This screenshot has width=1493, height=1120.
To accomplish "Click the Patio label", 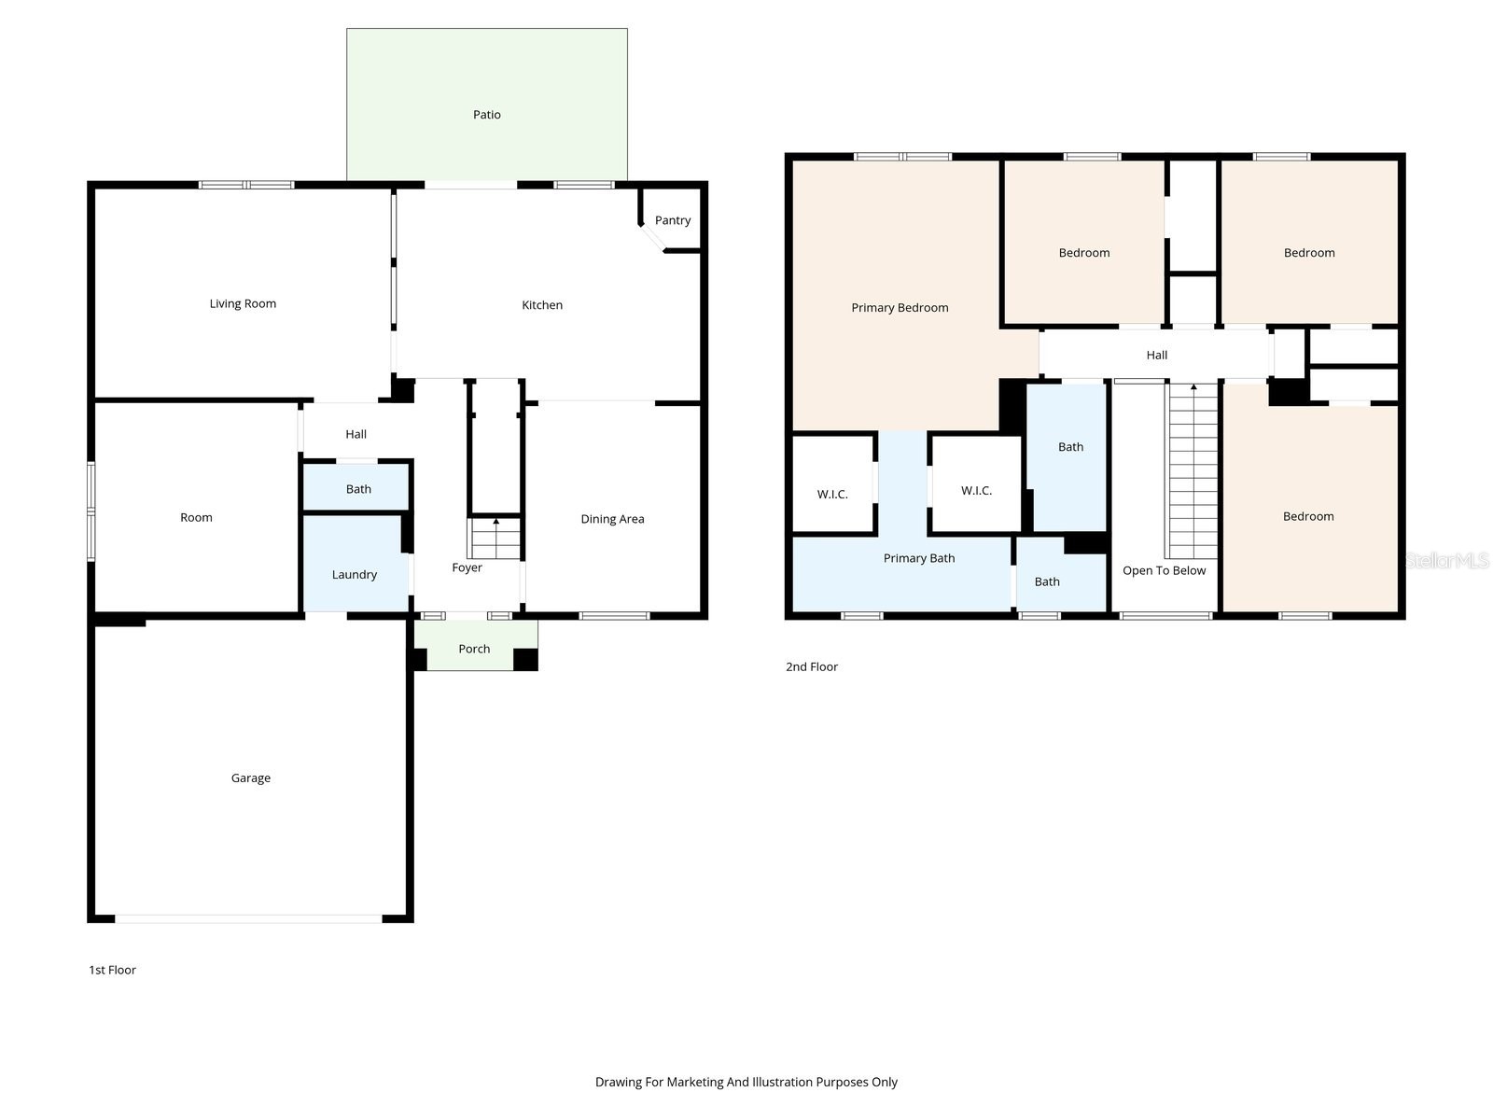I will pyautogui.click(x=486, y=115).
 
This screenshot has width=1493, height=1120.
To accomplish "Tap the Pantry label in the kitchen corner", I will pyautogui.click(x=672, y=220).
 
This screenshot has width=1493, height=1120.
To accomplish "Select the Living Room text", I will pyautogui.click(x=243, y=303).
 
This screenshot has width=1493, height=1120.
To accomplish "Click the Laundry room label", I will pyautogui.click(x=354, y=575).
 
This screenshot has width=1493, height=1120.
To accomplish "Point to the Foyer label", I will pyautogui.click(x=467, y=567).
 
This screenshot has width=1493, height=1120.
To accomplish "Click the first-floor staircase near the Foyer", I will pyautogui.click(x=495, y=539).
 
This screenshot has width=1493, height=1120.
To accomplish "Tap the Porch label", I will pyautogui.click(x=474, y=649).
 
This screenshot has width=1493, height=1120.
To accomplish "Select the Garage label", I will pyautogui.click(x=250, y=778).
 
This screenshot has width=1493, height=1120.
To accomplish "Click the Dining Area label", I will pyautogui.click(x=612, y=519).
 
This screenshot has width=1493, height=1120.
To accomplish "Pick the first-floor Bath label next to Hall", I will pyautogui.click(x=358, y=489).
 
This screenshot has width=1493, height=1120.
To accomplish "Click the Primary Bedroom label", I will pyautogui.click(x=900, y=308).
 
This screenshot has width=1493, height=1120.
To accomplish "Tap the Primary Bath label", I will pyautogui.click(x=919, y=558).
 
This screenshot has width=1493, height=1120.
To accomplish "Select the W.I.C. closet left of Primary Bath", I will pyautogui.click(x=832, y=494).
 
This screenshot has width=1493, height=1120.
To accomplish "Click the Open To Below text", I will pyautogui.click(x=1164, y=570).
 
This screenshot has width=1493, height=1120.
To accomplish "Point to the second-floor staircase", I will pyautogui.click(x=1193, y=471).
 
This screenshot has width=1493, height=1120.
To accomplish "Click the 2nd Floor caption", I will pyautogui.click(x=811, y=666).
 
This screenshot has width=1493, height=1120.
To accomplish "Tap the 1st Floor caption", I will pyautogui.click(x=112, y=970).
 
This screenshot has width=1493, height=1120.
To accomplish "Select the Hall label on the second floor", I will pyautogui.click(x=1156, y=355).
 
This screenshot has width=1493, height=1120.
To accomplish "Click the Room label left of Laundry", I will pyautogui.click(x=196, y=517).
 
